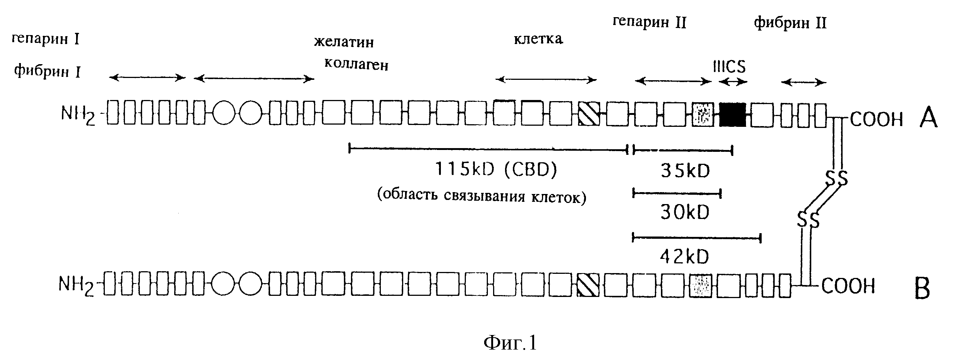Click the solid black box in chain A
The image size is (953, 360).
tap(733, 115)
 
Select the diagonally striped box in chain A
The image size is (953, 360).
tap(589, 114)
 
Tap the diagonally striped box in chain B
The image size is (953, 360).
tap(588, 285)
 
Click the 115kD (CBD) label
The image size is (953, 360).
tap(496, 170)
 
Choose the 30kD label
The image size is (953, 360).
tap(685, 213)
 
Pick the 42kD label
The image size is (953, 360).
tap(684, 257)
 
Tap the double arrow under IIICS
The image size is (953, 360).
tap(733, 82)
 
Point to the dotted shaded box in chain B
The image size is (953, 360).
tap(701, 286)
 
